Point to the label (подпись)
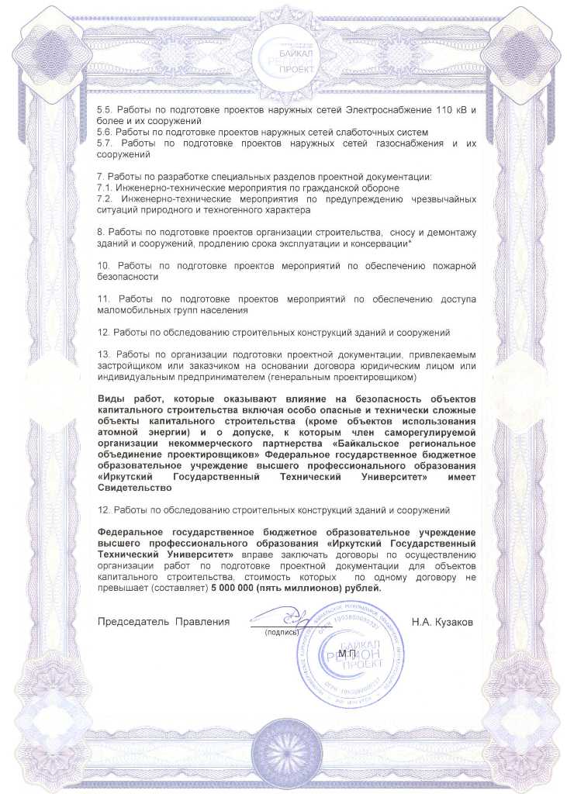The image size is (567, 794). click(x=282, y=633)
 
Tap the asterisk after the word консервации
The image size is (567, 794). click(x=410, y=244)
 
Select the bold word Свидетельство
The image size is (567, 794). click(x=133, y=488)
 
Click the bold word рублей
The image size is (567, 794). click(x=365, y=589)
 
